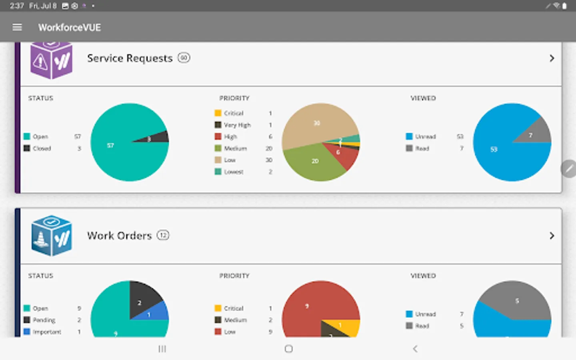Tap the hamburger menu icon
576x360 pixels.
tap(17, 27)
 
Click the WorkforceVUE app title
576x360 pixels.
tap(69, 27)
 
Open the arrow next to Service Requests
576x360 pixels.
tap(552, 58)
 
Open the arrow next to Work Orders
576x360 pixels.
tap(552, 236)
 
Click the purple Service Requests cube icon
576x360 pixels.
tap(51, 60)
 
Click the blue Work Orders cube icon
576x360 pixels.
tap(51, 236)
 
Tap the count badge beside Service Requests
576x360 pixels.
tap(184, 58)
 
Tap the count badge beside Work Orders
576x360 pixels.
tap(163, 235)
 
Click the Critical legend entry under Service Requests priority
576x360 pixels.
tap(233, 113)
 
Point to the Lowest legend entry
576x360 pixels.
tap(233, 172)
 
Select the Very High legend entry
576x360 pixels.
tap(237, 125)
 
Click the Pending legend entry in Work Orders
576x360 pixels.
tap(44, 320)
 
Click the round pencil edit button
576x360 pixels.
tap(568, 168)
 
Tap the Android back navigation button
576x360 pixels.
tap(415, 349)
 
